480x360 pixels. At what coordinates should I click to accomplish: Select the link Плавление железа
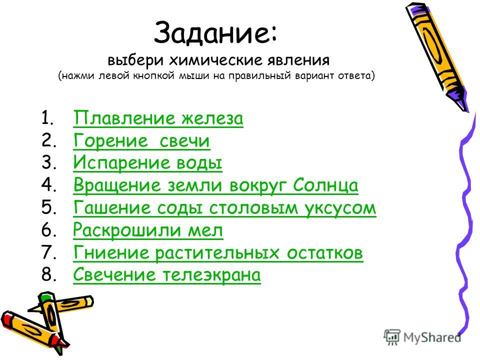158,118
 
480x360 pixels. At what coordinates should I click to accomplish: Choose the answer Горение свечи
141,141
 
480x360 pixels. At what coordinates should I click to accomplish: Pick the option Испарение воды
147,163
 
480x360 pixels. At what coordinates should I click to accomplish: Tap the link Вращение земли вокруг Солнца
215,185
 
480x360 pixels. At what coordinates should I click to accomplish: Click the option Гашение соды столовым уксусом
224,207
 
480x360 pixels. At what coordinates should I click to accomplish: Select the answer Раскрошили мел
148,230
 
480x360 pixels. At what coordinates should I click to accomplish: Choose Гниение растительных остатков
218,253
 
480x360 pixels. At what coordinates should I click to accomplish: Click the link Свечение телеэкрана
167,274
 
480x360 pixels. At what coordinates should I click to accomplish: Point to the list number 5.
48,207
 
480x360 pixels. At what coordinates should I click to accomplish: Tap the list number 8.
48,274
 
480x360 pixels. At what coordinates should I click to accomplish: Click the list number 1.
48,118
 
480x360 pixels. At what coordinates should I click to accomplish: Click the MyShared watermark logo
422,337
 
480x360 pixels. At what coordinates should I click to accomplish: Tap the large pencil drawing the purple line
437,56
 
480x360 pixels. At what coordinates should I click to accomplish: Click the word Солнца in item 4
325,185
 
